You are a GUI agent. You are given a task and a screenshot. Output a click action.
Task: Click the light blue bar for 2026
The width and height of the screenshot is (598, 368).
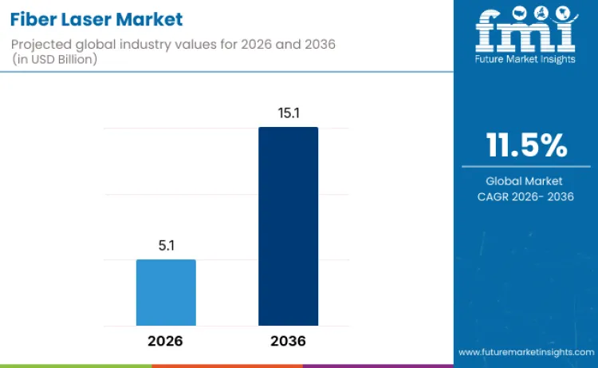point(166,292)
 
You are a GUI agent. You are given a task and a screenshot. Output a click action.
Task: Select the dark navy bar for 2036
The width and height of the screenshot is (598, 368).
point(288,226)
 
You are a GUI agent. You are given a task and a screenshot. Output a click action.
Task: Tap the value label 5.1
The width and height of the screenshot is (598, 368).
point(166,247)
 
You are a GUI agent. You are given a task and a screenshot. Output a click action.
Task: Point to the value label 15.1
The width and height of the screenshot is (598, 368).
point(288,113)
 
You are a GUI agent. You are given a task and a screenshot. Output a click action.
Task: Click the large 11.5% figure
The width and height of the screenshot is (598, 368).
point(526,145)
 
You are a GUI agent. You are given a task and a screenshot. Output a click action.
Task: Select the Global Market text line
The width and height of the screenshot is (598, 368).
point(525,181)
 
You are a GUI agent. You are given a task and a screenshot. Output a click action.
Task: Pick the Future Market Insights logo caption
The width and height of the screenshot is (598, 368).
point(525,58)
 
